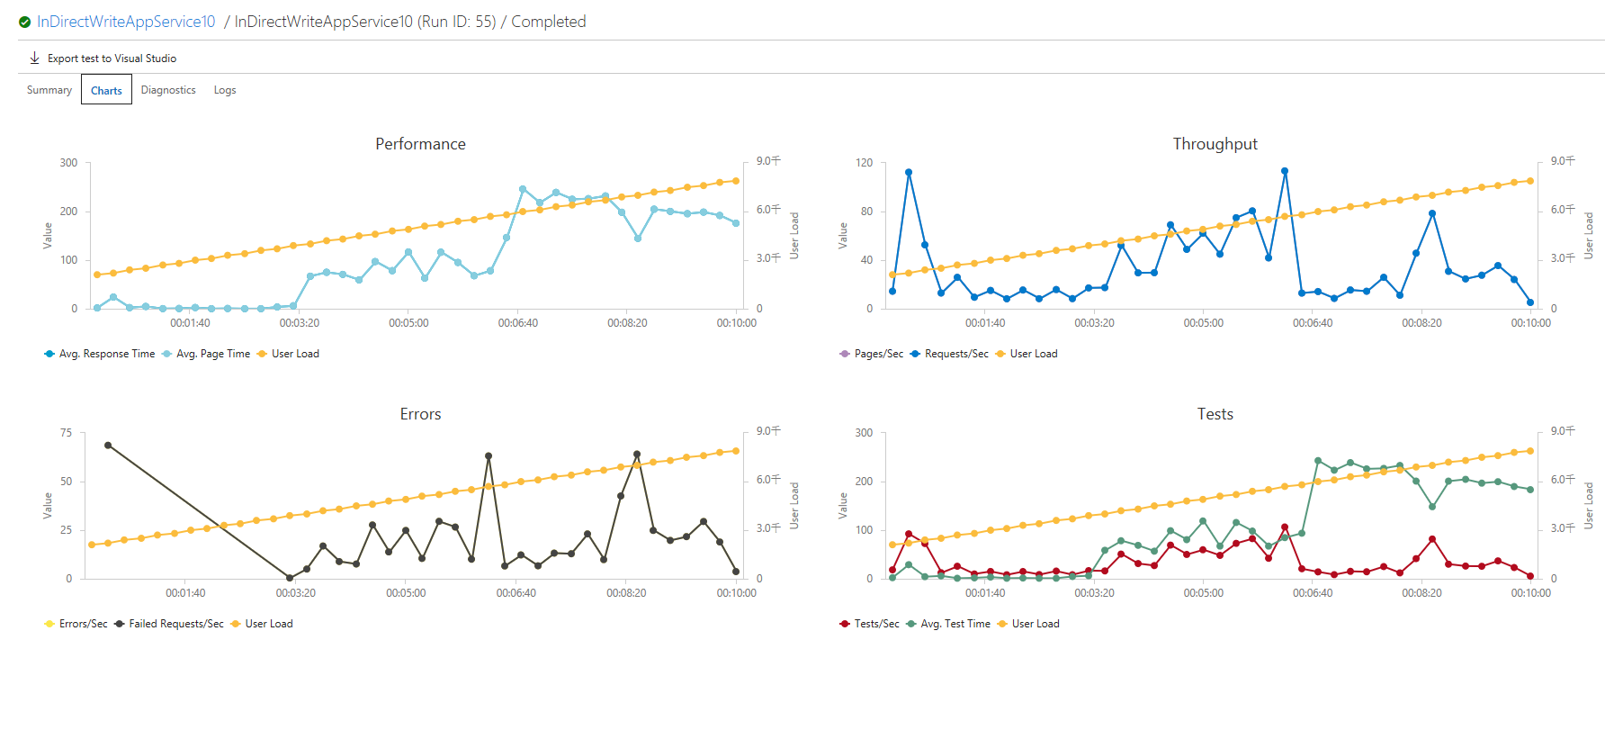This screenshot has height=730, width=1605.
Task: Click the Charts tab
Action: click(x=106, y=90)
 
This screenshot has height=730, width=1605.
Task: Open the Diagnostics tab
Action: click(x=168, y=90)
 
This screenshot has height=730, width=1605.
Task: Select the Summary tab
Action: click(x=49, y=90)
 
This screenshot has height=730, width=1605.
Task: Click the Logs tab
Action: click(x=225, y=90)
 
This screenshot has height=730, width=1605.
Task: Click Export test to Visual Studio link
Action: click(x=112, y=59)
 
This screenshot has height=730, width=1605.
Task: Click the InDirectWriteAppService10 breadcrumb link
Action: click(x=126, y=22)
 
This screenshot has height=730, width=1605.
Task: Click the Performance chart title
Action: click(x=420, y=144)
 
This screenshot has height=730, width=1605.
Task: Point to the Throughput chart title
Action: click(x=1215, y=144)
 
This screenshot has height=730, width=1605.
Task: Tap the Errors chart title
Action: click(x=420, y=414)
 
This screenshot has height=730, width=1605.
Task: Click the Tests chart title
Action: click(x=1215, y=414)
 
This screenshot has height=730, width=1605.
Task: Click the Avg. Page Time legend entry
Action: click(x=213, y=354)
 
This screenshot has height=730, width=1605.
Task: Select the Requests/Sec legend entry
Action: click(x=956, y=354)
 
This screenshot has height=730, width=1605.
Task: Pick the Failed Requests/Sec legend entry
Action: click(x=176, y=624)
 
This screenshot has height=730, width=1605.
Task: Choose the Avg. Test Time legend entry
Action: click(x=955, y=624)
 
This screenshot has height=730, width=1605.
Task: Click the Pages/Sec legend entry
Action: click(x=878, y=354)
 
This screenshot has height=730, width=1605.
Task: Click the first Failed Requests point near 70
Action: click(x=108, y=446)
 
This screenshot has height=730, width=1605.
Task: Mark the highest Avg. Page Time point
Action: click(x=523, y=190)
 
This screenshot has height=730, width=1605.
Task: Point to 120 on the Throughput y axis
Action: click(x=864, y=163)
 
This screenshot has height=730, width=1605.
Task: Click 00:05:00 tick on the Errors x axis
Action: click(x=406, y=593)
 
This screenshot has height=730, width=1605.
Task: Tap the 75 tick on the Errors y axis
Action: click(x=66, y=433)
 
